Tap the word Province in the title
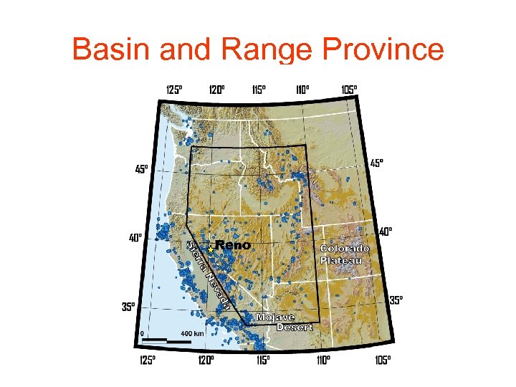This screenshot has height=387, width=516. point(383,49)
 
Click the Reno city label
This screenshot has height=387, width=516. point(233,246)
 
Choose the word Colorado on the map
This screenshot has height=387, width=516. point(345,249)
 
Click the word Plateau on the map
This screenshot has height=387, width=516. point(342,260)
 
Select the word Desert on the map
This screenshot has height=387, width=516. point(295,327)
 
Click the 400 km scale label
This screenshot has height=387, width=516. point(192,333)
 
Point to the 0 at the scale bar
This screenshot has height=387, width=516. point(142,333)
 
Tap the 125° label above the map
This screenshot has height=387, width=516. point(174,90)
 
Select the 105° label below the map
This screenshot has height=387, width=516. point(383,360)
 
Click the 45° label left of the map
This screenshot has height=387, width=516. point(142,169)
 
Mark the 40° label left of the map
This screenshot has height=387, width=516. point(135,236)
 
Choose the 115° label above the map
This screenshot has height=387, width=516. point(259,90)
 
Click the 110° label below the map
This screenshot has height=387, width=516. point(322,360)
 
